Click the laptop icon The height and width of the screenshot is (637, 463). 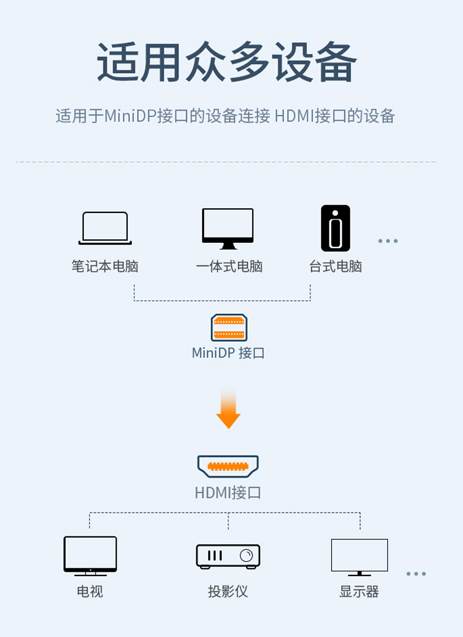[105, 228]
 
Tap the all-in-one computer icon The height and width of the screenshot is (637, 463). [228, 228]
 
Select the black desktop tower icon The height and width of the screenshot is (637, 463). [335, 228]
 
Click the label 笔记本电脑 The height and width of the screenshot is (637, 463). [105, 266]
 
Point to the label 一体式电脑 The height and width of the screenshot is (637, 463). [229, 266]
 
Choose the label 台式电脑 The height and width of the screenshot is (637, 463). [335, 266]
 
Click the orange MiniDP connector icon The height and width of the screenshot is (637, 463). [229, 328]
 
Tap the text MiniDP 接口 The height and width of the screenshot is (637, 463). [228, 353]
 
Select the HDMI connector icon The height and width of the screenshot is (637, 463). [228, 466]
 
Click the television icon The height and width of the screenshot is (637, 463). [90, 555]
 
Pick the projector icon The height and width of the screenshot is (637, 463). [228, 556]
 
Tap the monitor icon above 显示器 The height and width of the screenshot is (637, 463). [359, 557]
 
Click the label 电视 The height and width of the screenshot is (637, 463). [90, 591]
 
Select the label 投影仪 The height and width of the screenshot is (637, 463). [228, 591]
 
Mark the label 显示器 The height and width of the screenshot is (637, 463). [359, 591]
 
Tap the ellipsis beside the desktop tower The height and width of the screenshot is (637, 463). [388, 241]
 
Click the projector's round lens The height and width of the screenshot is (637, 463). [246, 555]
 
